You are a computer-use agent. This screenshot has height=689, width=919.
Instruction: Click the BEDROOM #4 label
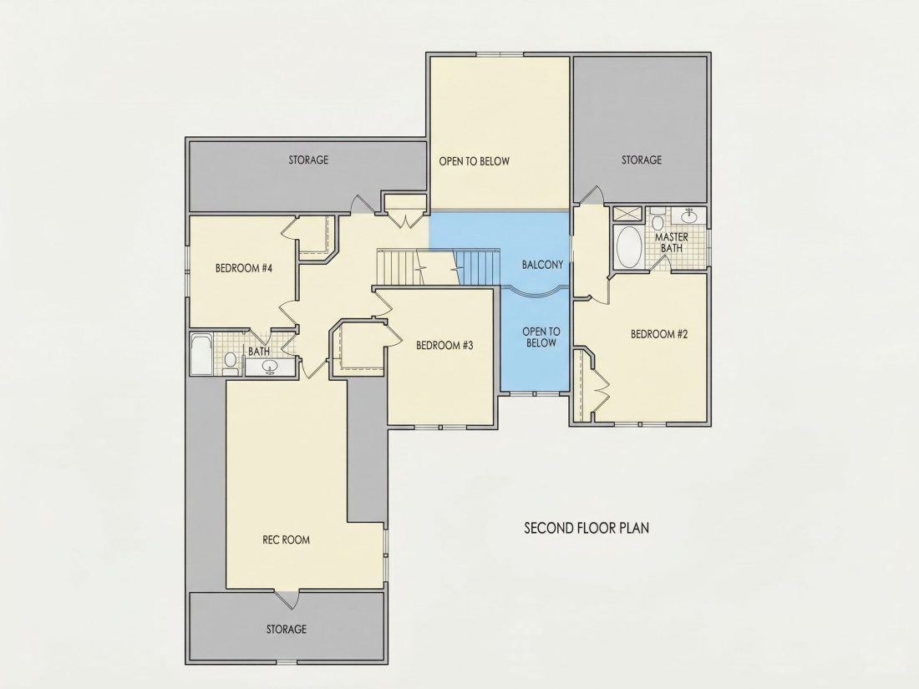pos(245,268)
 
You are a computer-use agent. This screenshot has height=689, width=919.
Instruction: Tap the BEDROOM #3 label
pos(444,345)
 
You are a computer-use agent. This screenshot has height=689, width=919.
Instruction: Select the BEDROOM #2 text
pos(659,334)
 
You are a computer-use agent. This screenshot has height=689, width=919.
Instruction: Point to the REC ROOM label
pos(286,540)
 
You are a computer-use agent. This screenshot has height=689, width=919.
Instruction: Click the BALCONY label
pos(542,265)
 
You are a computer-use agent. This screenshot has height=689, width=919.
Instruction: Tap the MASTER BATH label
pos(672,242)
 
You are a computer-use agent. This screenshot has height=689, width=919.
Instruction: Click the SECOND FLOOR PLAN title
pos(586,528)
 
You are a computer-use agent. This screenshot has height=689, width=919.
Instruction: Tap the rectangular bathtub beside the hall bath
pos(201,354)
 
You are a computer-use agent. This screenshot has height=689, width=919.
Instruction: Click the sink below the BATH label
pos(270,367)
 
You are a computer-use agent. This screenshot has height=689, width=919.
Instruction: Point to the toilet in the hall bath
pos(230,362)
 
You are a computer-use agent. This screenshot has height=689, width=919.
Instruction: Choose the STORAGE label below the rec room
pos(286,629)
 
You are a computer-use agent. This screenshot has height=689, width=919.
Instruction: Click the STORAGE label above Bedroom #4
pos(308,160)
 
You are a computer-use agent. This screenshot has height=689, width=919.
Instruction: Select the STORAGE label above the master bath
pos(642,160)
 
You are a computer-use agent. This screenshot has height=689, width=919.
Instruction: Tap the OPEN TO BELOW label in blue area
pos(541,337)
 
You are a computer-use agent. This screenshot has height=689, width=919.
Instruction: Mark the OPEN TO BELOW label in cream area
pos(475,161)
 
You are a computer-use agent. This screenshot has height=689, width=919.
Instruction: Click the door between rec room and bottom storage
pos(287,598)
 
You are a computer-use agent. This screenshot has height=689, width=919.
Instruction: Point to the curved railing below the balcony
pos(536,291)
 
